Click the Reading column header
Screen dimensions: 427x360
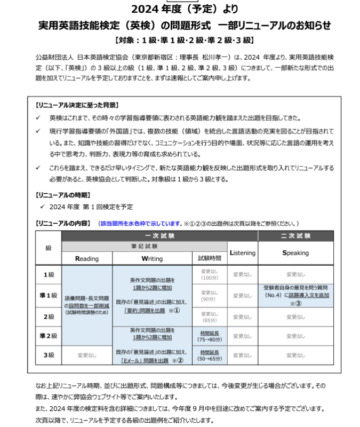tap(87, 259)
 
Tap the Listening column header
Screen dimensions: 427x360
tap(242, 253)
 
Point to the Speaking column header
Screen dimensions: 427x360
tap(295, 253)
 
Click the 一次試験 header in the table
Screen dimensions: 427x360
tap(159, 235)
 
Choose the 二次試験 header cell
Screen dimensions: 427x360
tap(295, 235)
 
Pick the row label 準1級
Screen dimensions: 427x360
tap(49, 295)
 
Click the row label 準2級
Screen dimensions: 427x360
tap(49, 336)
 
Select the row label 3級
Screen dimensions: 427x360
tap(49, 355)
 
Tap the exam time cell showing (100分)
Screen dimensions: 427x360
tap(209, 275)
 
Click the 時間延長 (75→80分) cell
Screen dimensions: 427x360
tap(209, 336)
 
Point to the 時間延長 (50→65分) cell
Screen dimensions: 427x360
tap(209, 355)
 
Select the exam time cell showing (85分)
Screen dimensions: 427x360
tap(209, 317)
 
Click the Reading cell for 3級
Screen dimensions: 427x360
tap(87, 355)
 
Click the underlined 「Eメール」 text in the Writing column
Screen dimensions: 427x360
tap(133, 361)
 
